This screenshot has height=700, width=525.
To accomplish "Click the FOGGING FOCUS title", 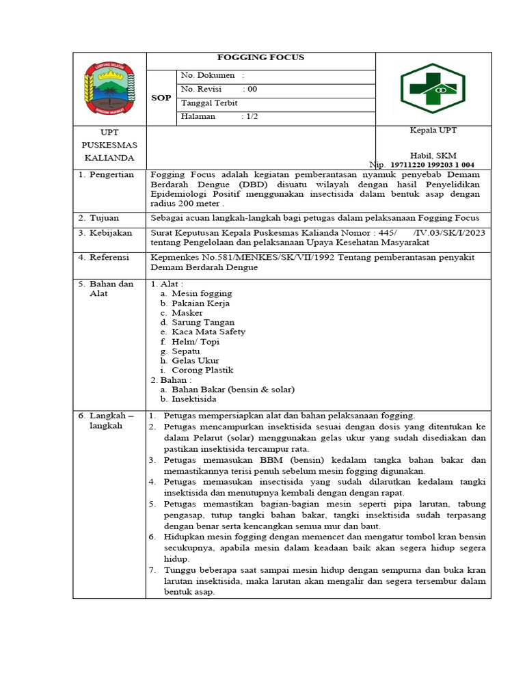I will (260, 57).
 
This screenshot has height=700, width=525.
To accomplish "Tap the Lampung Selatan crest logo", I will (109, 88).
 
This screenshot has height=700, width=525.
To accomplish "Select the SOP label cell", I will (161, 98).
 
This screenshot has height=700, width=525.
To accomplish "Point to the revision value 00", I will (252, 90).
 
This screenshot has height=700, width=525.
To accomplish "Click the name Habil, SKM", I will (433, 156).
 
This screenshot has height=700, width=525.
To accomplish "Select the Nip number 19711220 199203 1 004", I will (433, 165).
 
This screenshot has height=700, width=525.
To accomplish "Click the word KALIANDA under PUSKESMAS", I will (109, 158).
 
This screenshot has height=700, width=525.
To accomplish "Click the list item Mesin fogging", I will (201, 293).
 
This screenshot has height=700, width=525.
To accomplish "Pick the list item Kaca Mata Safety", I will (208, 332).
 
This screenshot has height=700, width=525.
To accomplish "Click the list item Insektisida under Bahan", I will (194, 399).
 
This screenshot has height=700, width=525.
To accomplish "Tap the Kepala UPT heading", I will (433, 131).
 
